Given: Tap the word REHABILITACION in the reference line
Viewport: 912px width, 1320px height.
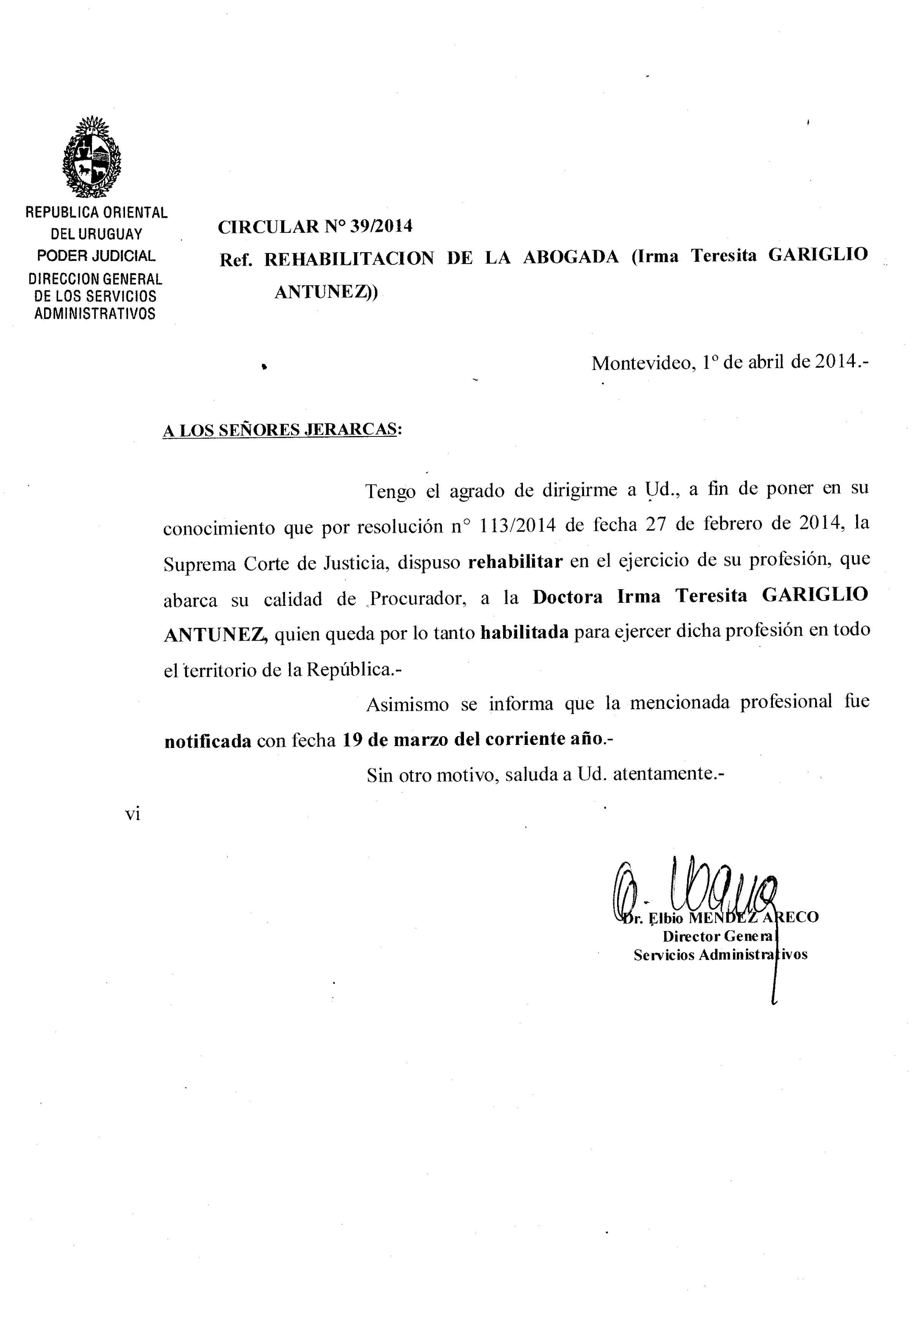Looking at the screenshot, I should (x=349, y=259).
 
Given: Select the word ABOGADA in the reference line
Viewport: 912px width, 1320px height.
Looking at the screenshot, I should (x=571, y=257).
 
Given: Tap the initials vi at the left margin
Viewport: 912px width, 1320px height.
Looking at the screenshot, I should (x=132, y=814).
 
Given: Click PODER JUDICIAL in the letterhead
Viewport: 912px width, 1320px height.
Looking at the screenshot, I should (x=96, y=255).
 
